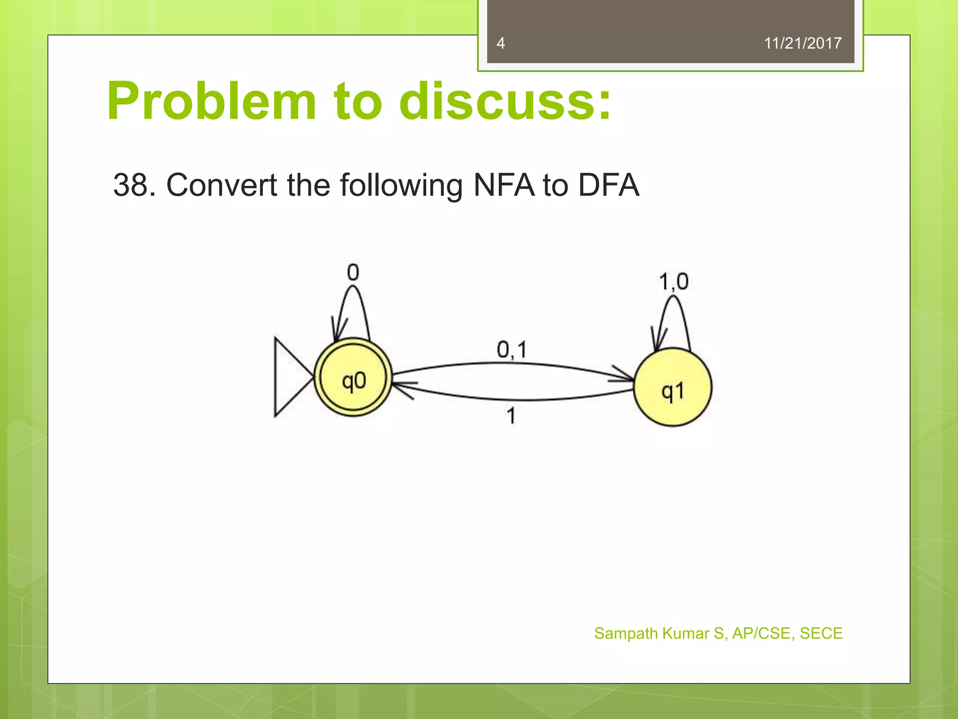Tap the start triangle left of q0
click(x=290, y=377)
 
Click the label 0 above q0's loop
click(x=353, y=272)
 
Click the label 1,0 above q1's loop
click(x=674, y=282)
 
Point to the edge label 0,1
click(x=512, y=350)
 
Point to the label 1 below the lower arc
click(x=511, y=415)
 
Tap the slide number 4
click(x=501, y=43)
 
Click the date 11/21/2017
click(x=802, y=43)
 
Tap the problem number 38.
click(x=134, y=185)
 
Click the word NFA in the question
click(x=503, y=185)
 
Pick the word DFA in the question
click(x=608, y=185)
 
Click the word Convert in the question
click(x=222, y=185)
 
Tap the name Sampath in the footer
click(x=626, y=633)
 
